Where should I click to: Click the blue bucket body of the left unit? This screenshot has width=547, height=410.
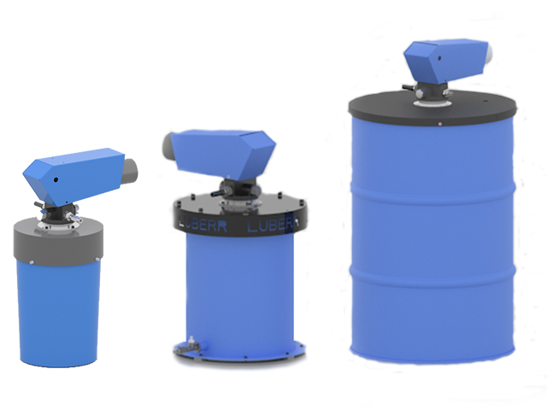click(x=58, y=312)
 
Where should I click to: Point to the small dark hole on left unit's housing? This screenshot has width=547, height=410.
click(x=56, y=181)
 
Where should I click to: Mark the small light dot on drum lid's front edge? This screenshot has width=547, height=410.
click(x=438, y=126)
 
